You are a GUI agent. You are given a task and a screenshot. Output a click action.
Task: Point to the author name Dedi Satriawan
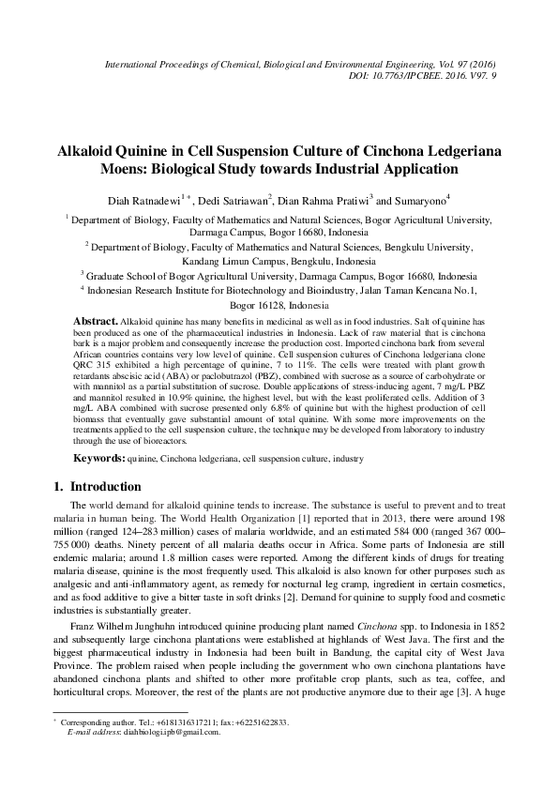click(234, 199)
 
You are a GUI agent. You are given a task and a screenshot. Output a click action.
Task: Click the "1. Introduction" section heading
click(95, 487)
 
